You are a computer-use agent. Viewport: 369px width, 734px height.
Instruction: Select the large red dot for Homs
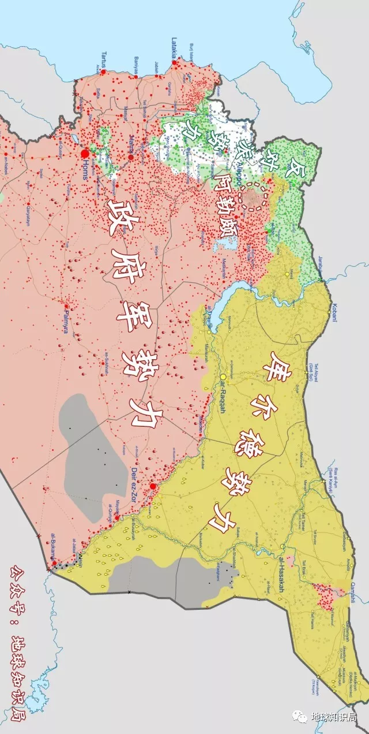click(85, 154)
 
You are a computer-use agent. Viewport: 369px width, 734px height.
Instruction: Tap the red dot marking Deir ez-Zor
click(153, 487)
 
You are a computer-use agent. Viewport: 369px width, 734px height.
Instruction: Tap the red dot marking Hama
click(131, 157)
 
